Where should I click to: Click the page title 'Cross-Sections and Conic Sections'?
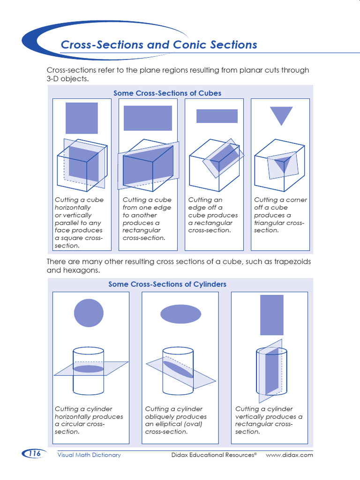point(159,45)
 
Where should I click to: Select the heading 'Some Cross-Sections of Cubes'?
point(167,93)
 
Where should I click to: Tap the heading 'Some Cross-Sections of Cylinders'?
point(167,284)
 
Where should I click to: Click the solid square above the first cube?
point(82,118)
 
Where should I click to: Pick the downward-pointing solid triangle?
point(281,115)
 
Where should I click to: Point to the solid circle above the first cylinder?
point(89,312)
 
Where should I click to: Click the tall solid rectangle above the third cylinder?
point(272,315)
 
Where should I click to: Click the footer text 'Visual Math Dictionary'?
point(89,455)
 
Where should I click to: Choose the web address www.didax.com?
point(289,455)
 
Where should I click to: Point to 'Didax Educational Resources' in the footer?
point(213,455)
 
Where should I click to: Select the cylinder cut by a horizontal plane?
point(89,370)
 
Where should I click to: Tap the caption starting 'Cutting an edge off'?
point(213,215)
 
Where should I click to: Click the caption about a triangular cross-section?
point(280,215)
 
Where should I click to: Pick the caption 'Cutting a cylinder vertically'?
point(269,420)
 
